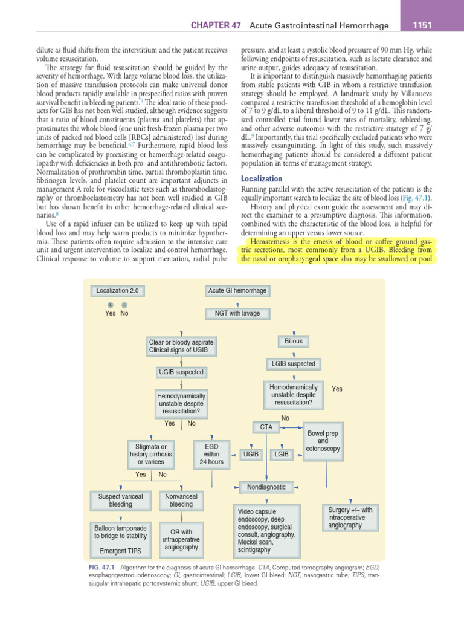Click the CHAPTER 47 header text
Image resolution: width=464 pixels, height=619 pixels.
tap(216, 25)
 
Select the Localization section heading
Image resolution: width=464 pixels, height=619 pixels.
tap(262, 179)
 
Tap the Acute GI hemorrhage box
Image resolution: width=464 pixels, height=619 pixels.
tap(237, 291)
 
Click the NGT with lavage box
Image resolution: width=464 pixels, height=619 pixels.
tap(237, 313)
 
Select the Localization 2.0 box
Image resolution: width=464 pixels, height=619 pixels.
tap(117, 291)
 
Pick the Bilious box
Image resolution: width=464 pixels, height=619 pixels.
tap(294, 342)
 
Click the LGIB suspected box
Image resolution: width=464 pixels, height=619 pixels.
tap(293, 364)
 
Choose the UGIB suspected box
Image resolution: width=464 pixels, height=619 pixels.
tap(181, 372)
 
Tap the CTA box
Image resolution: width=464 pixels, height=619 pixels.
tap(266, 427)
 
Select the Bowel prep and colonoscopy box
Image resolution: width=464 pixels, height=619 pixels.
tap(323, 441)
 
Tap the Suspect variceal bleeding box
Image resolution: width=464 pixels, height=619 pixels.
tap(120, 500)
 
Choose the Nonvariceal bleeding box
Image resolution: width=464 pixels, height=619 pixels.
tap(181, 500)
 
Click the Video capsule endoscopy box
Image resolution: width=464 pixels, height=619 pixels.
tap(266, 530)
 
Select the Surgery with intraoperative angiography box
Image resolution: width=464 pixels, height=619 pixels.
tap(350, 518)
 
